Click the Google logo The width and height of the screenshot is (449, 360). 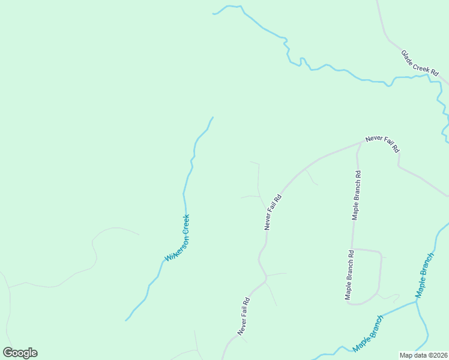pyautogui.click(x=20, y=353)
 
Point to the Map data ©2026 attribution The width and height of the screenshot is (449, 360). pyautogui.click(x=424, y=355)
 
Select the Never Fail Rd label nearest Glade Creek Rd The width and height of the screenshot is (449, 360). pyautogui.click(x=382, y=144)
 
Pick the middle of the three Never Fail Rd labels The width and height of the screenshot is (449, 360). pyautogui.click(x=273, y=212)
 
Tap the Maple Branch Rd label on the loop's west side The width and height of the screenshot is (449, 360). pyautogui.click(x=349, y=275)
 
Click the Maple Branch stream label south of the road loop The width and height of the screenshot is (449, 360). pyautogui.click(x=368, y=334)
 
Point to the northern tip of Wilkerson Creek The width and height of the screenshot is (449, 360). pyautogui.click(x=212, y=118)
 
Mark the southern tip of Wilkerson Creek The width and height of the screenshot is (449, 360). pyautogui.click(x=125, y=320)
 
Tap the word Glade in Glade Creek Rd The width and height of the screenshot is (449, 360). pyautogui.click(x=408, y=55)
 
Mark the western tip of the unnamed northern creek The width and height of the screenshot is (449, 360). pyautogui.click(x=213, y=13)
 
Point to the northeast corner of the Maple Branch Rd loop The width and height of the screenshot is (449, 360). pyautogui.click(x=380, y=253)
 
